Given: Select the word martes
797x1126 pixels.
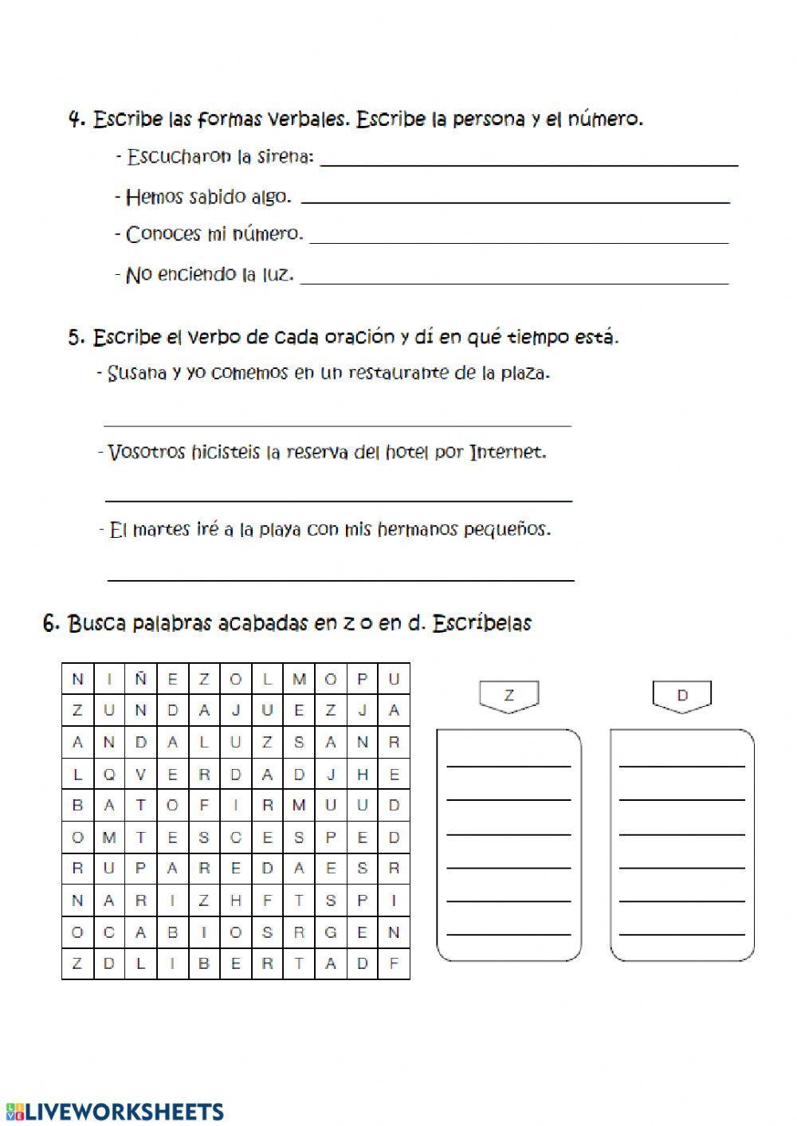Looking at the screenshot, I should click(159, 529).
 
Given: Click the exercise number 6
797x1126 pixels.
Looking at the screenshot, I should click(51, 623).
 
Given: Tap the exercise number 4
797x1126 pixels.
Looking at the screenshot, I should click(77, 120).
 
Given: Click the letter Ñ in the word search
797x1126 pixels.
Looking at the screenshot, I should click(140, 679).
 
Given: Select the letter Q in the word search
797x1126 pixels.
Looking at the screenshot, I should click(109, 774).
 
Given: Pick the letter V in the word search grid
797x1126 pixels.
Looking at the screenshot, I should click(140, 774).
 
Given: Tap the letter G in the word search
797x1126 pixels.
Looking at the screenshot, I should click(331, 932).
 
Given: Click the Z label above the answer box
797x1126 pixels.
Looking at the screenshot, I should click(508, 696).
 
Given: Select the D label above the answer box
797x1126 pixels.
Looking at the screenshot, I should click(682, 696).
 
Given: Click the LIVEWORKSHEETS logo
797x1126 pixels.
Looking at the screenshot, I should click(115, 1111).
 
